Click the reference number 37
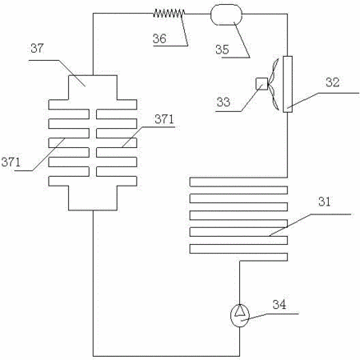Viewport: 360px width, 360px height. point(37,48)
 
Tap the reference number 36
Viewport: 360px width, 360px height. point(159,38)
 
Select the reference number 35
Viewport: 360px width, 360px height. point(222,50)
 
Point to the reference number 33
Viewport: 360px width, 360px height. point(223,102)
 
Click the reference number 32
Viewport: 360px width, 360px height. point(333,82)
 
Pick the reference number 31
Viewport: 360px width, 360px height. point(324,202)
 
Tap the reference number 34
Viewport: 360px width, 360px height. point(279,304)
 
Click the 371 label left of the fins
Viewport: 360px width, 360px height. point(10,162)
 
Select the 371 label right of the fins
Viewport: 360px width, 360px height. point(164,119)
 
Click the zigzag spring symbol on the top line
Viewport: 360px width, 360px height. point(169,13)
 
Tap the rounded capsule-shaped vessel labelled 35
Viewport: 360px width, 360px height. point(226,14)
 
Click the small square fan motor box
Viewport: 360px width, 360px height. point(262,84)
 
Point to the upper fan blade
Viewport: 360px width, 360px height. point(274,70)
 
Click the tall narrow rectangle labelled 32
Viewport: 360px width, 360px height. point(287,84)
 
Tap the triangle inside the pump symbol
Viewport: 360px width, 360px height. point(240,310)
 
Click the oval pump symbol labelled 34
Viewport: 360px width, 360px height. point(240,316)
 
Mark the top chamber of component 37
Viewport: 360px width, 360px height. point(93,87)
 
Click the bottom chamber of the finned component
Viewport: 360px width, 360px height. point(93,198)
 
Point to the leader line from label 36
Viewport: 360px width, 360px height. point(185,30)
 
